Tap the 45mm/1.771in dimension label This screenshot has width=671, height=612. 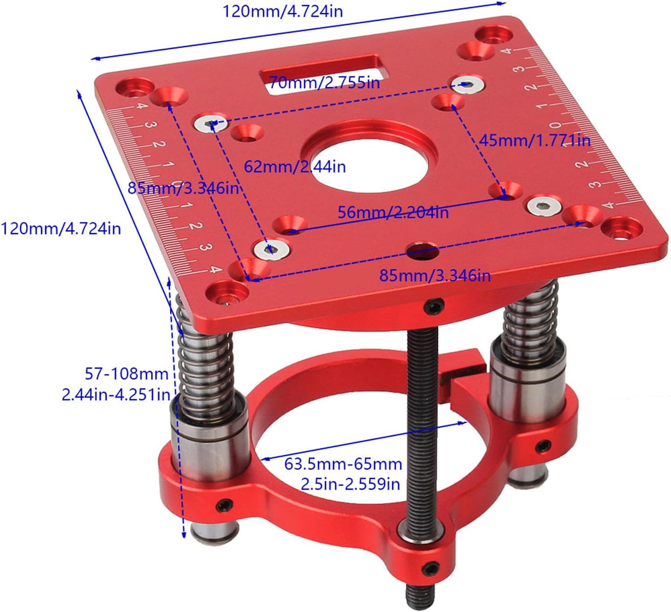pos(535,140)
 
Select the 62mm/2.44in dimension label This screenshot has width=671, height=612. pos(295,166)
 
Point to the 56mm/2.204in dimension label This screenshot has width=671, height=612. pos(393,212)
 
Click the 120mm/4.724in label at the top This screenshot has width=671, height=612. pos(283,11)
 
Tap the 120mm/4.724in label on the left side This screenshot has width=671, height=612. pos(60,228)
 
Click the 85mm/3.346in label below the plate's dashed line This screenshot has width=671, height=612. pos(435,276)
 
